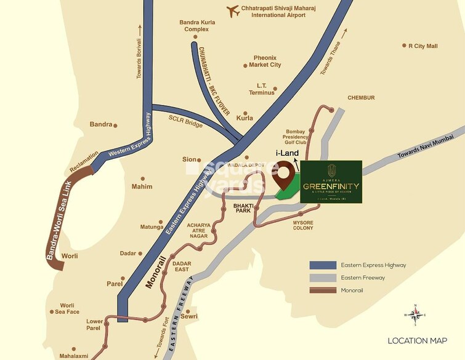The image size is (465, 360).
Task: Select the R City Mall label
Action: pyautogui.click(x=423, y=46)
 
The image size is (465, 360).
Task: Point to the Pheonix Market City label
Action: pyautogui.click(x=267, y=61)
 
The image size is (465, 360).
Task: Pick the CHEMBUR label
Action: pyautogui.click(x=361, y=97)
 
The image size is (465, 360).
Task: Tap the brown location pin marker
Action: pyautogui.click(x=284, y=175)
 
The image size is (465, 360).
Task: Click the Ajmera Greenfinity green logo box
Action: pyautogui.click(x=331, y=182)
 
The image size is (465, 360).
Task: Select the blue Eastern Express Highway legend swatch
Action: pyautogui.click(x=321, y=265)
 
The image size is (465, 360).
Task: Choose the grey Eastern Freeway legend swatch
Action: pyautogui.click(x=321, y=278)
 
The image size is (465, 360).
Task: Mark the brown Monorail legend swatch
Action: pyautogui.click(x=321, y=290)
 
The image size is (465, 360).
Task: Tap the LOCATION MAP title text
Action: pyautogui.click(x=417, y=340)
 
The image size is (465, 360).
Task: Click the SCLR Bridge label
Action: pyautogui.click(x=185, y=124)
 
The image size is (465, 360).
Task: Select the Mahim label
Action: pyautogui.click(x=142, y=186)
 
